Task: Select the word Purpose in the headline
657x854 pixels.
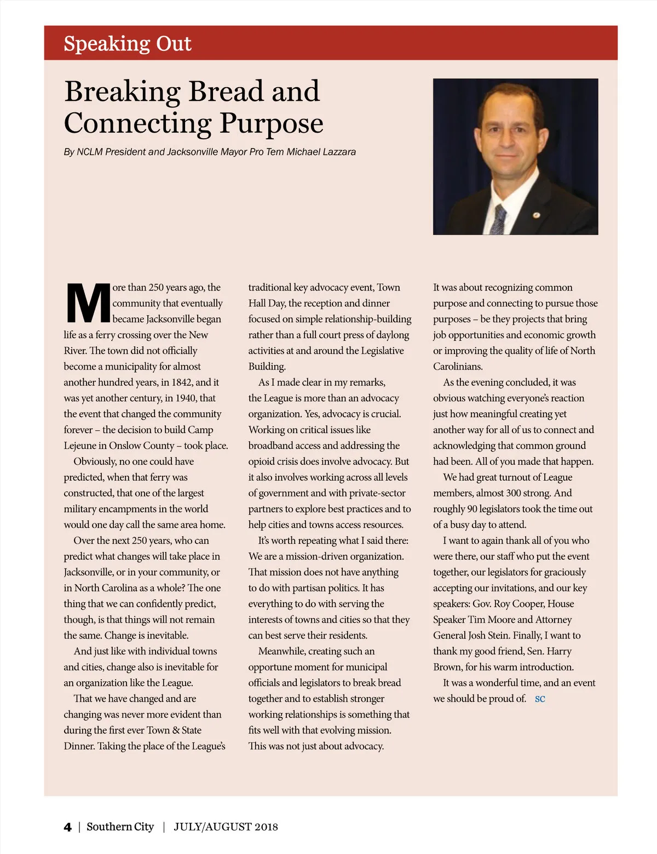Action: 272,124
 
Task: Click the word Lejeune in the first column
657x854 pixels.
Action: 80,446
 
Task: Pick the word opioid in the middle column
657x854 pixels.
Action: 264,462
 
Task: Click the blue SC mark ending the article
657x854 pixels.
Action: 540,699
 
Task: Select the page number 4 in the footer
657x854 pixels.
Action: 67,827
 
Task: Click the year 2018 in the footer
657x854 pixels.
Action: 266,827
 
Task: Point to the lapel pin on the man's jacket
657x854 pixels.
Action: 537,215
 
